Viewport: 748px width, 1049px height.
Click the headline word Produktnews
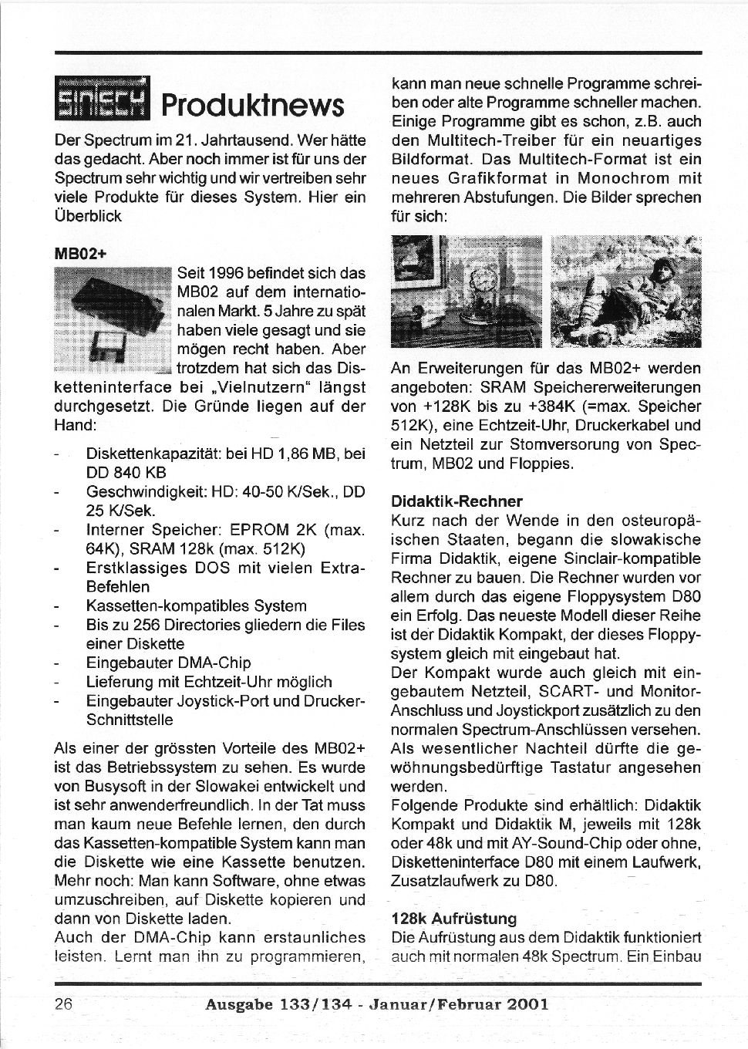pyautogui.click(x=252, y=106)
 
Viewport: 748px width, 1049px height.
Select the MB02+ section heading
pyautogui.click(x=79, y=252)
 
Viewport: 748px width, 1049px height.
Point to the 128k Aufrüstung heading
pyautogui.click(x=454, y=919)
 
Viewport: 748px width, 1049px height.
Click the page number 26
pyautogui.click(x=63, y=1004)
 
